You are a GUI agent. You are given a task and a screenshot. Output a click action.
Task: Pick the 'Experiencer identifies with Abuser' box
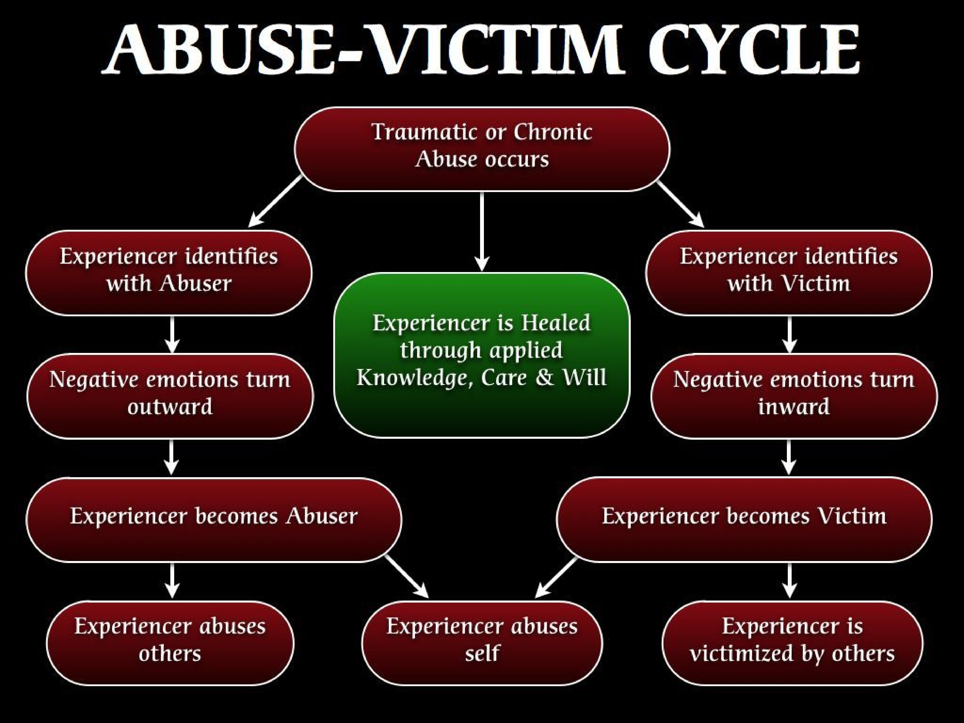[x=169, y=273]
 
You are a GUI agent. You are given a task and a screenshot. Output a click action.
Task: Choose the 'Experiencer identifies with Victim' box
[x=789, y=273]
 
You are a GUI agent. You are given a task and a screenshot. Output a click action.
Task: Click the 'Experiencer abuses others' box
[x=170, y=643]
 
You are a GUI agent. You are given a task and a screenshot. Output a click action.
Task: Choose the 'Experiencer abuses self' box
[x=482, y=643]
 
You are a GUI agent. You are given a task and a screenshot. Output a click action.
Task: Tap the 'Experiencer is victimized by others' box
[x=792, y=643]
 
